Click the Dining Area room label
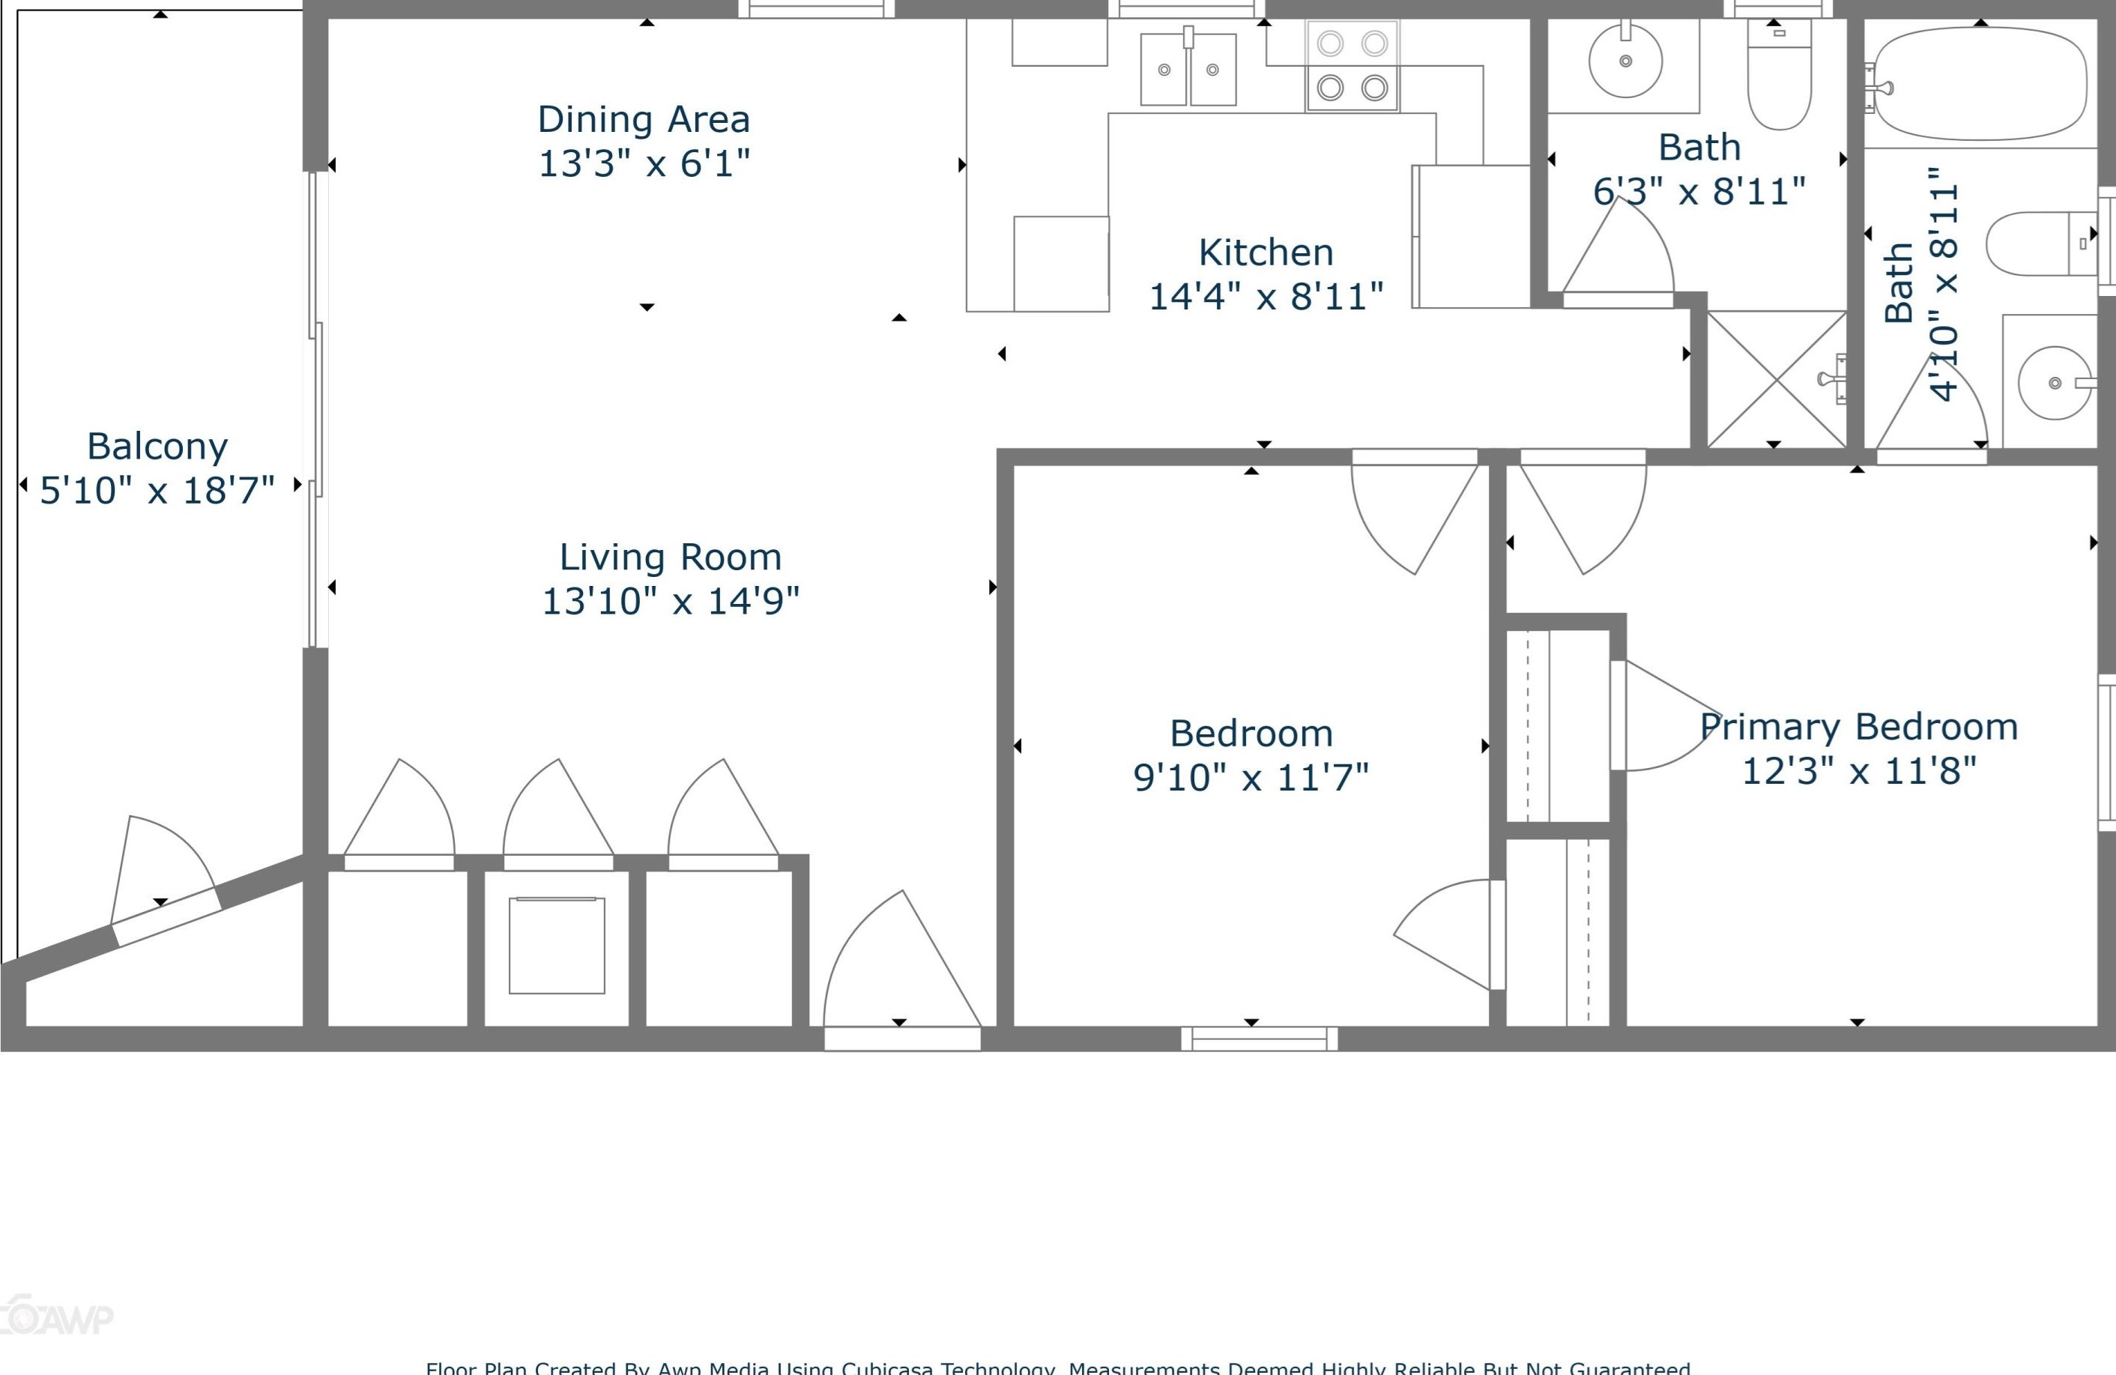click(x=644, y=119)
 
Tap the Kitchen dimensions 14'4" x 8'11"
click(x=1266, y=296)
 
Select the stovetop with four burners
click(x=1352, y=66)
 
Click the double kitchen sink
click(x=1188, y=70)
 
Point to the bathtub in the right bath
click(x=1981, y=84)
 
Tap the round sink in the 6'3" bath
click(x=1625, y=61)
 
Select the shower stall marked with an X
click(x=1777, y=380)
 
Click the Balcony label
click(x=157, y=446)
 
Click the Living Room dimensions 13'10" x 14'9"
click(x=671, y=601)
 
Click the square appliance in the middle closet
click(x=557, y=946)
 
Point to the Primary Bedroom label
click(x=1858, y=727)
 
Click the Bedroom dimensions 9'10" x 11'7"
click(x=1251, y=777)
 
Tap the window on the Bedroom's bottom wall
click(x=1259, y=1039)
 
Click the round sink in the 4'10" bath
click(x=2054, y=382)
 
